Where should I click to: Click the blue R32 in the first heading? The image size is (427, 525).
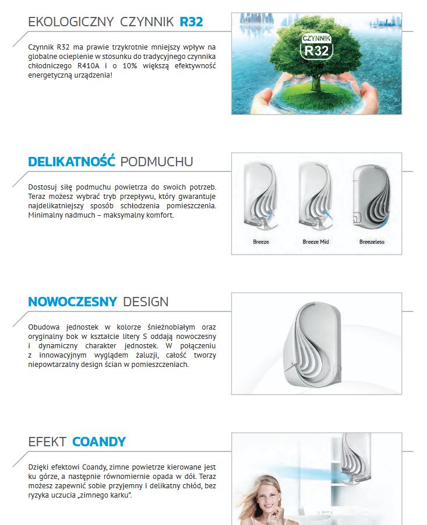(191, 22)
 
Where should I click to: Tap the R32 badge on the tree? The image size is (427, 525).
(316, 47)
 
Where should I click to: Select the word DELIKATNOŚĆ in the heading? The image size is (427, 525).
(72, 162)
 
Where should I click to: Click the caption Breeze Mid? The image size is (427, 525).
(316, 242)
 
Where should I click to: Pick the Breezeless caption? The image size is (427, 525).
(372, 242)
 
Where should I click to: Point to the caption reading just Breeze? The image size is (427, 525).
(261, 242)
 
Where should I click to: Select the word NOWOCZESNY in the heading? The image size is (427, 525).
(73, 302)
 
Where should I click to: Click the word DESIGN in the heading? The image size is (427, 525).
(146, 302)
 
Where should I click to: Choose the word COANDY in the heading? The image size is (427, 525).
(99, 442)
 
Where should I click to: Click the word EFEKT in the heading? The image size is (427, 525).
(47, 442)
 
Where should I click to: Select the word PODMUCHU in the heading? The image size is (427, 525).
(157, 162)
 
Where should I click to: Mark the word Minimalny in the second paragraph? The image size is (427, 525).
(44, 215)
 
